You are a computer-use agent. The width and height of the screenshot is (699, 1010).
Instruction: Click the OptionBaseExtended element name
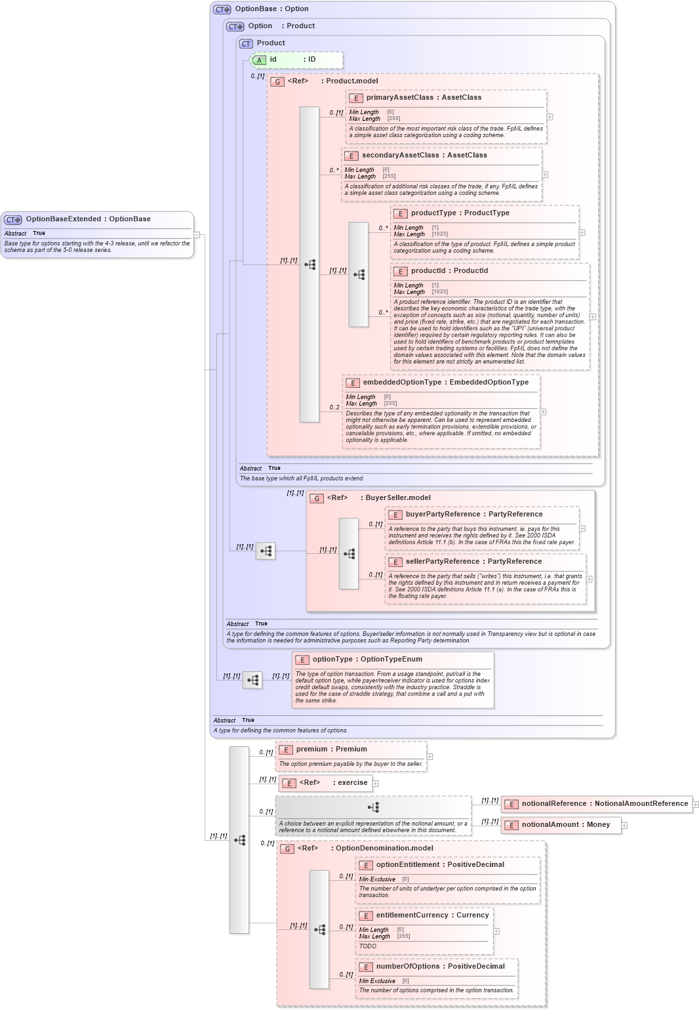pos(64,219)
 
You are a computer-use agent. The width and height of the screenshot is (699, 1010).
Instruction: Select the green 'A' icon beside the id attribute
pos(260,60)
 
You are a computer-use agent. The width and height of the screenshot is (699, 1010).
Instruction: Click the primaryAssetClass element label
pos(399,98)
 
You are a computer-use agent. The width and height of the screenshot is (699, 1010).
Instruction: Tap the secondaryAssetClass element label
pos(400,156)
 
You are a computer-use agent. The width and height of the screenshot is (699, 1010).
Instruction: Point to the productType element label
pos(433,213)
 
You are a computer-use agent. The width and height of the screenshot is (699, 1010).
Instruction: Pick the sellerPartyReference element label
pos(445,562)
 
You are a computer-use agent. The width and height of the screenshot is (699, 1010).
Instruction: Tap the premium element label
pos(311,749)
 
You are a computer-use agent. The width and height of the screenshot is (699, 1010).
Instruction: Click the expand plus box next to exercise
pos(376,784)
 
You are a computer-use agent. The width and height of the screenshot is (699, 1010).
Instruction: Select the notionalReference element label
pos(554,804)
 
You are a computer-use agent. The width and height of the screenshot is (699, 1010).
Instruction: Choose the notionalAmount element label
pos(550,825)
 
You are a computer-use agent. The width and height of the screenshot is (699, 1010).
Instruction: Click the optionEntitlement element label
pos(407,865)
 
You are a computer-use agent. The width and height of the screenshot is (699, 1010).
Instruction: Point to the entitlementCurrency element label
pos(412,915)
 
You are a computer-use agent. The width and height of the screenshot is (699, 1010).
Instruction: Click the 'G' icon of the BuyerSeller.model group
pos(317,499)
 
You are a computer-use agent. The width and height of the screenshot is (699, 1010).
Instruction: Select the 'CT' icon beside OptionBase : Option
pos(222,10)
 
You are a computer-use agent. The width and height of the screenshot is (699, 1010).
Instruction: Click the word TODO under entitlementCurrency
pos(368,946)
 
